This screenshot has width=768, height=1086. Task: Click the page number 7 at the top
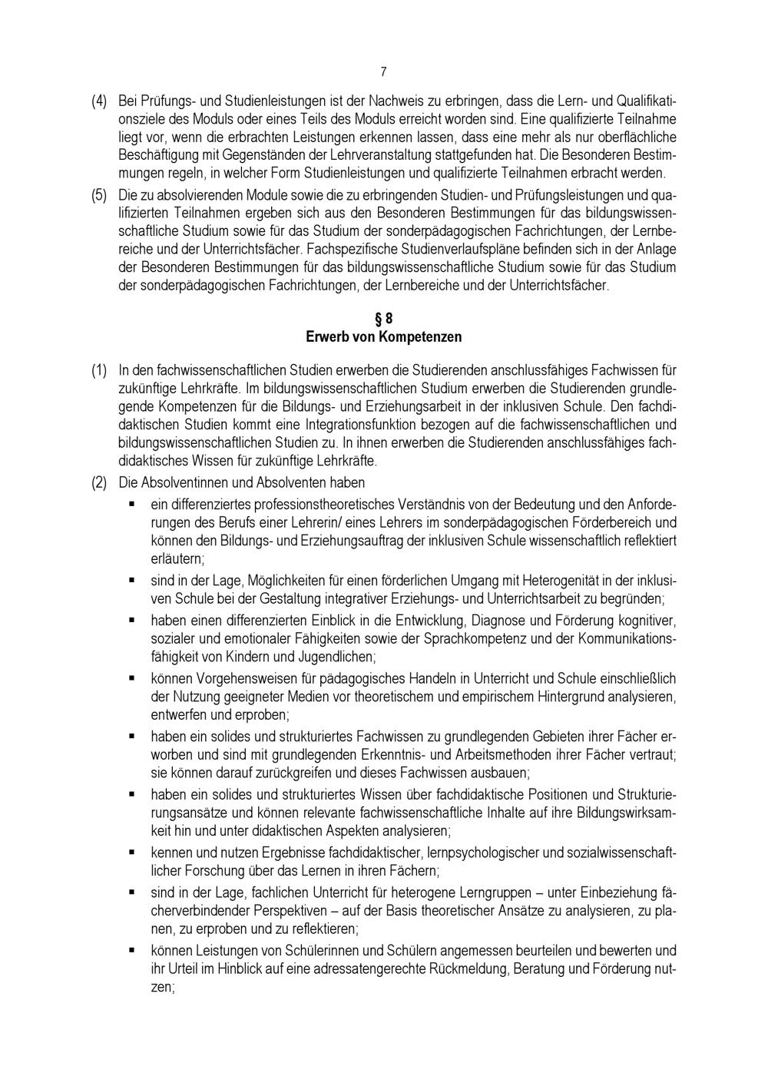click(383, 72)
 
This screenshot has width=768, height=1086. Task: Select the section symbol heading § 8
click(383, 319)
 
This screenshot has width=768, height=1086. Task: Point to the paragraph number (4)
click(99, 101)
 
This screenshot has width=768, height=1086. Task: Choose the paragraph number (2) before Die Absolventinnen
click(99, 483)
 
